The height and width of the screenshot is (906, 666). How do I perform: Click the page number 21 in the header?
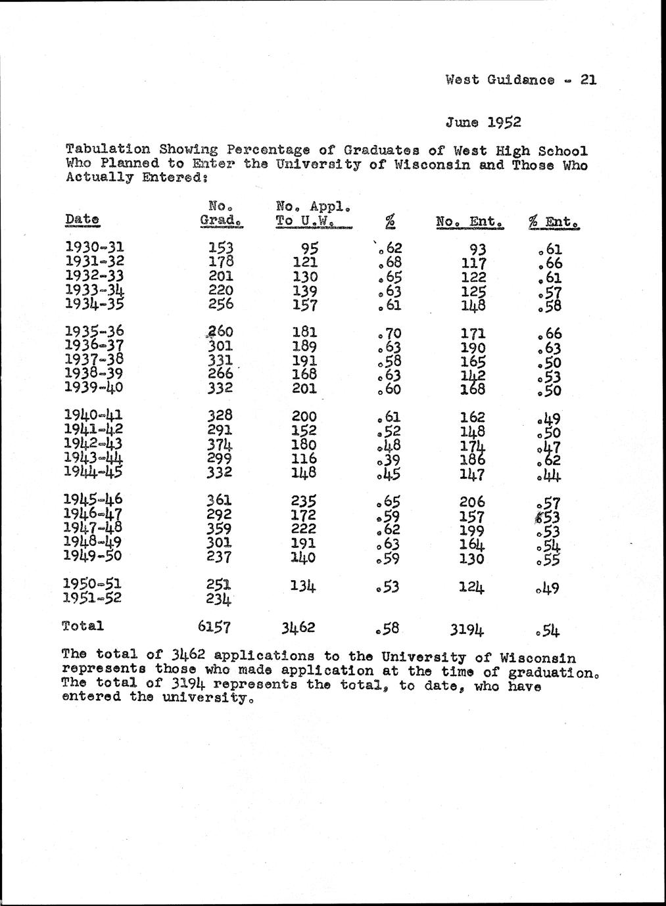[588, 80]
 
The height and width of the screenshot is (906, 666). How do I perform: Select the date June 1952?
[483, 122]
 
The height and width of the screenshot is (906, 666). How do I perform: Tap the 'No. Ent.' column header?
[470, 223]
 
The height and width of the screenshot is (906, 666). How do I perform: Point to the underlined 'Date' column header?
[83, 219]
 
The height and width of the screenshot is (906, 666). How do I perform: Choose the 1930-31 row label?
[95, 248]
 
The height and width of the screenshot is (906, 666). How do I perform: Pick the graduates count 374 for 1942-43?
[220, 444]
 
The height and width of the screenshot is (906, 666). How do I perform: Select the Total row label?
[83, 625]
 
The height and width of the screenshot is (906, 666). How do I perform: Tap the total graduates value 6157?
[215, 627]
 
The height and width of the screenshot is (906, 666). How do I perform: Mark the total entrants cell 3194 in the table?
[467, 631]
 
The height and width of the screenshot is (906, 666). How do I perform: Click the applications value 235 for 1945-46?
[304, 501]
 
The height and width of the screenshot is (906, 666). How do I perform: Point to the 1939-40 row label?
[95, 387]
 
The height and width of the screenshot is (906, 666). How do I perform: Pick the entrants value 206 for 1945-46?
[473, 502]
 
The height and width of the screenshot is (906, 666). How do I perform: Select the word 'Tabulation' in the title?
[108, 150]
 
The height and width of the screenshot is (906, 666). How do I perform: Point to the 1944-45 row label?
[95, 471]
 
